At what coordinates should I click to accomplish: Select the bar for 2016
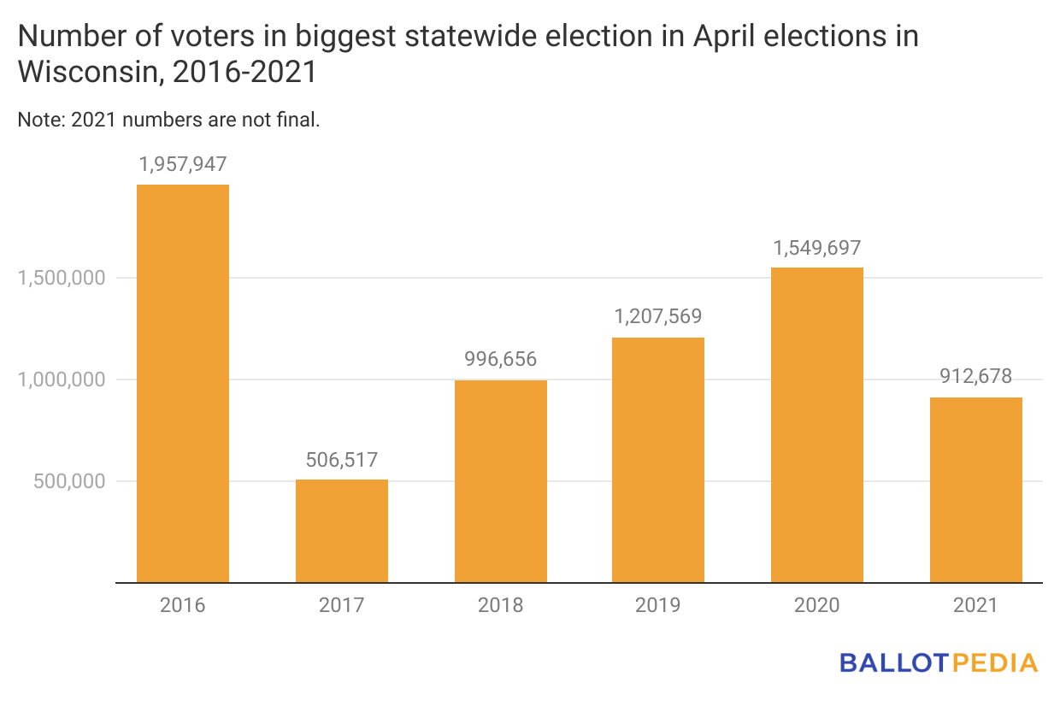pos(183,384)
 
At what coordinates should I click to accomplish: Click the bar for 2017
pos(342,531)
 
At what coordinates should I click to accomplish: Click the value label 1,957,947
pos(183,164)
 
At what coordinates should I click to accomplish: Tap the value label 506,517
pos(342,460)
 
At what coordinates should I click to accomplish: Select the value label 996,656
pos(501,360)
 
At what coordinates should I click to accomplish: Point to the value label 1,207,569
pos(658,317)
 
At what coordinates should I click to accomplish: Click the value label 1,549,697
pos(817,248)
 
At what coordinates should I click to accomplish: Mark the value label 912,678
pos(976,377)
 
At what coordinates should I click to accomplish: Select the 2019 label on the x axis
pos(658,606)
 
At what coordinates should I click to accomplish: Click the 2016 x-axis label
pos(183,606)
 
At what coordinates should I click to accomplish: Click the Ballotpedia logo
pos(939,662)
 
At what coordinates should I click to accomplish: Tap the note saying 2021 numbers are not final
pos(168,121)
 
